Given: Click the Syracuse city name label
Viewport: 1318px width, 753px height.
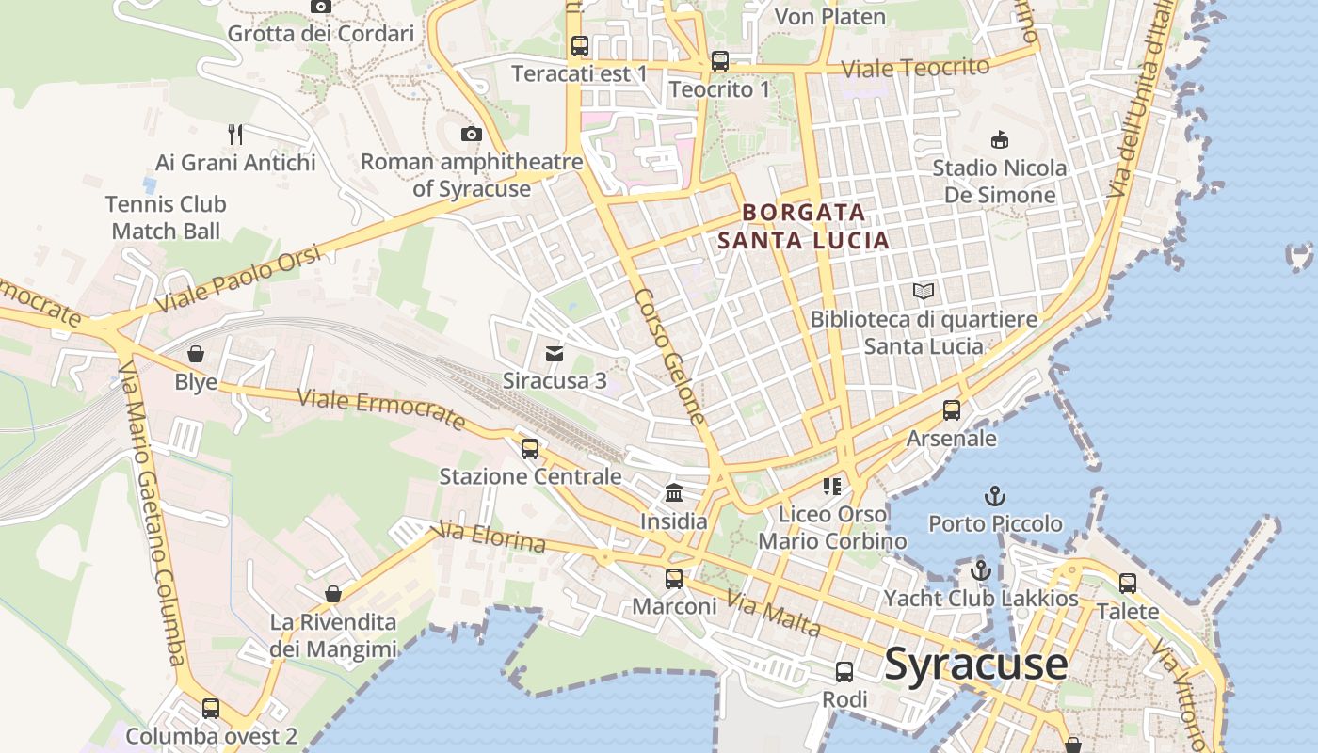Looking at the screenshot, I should [976, 664].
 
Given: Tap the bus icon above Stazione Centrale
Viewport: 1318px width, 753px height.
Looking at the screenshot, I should [530, 448].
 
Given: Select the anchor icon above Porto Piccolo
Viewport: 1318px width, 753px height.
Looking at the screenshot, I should [995, 495].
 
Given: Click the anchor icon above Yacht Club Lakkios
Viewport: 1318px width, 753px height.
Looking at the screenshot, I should [981, 570].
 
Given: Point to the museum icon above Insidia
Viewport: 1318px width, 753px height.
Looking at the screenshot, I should [674, 492].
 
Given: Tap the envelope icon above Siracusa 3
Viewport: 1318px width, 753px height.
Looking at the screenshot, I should [555, 354].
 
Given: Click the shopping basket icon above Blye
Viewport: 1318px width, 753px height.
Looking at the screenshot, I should [196, 354].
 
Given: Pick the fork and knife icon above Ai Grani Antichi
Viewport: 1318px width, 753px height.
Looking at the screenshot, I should [235, 135].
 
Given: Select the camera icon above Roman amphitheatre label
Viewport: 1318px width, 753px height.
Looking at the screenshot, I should [472, 134].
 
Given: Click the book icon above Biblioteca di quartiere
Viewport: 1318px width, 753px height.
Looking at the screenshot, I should [924, 292].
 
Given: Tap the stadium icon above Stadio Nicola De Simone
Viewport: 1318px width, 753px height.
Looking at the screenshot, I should [999, 140].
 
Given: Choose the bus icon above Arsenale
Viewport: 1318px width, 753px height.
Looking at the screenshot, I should [952, 410].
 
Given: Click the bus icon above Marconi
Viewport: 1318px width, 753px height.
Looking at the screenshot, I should [674, 578].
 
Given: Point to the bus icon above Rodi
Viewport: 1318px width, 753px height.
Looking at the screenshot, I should [844, 671].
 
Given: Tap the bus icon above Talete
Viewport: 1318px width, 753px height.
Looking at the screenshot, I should [1128, 584].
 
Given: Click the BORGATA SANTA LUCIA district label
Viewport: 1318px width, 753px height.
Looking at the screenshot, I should [803, 226].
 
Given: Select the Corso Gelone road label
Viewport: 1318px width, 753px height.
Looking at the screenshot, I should [669, 355].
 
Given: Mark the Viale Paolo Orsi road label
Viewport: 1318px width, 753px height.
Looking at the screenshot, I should [239, 279].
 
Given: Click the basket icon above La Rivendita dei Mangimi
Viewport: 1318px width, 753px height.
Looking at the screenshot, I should [332, 594].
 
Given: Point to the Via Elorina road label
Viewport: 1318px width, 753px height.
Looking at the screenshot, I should [490, 538].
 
